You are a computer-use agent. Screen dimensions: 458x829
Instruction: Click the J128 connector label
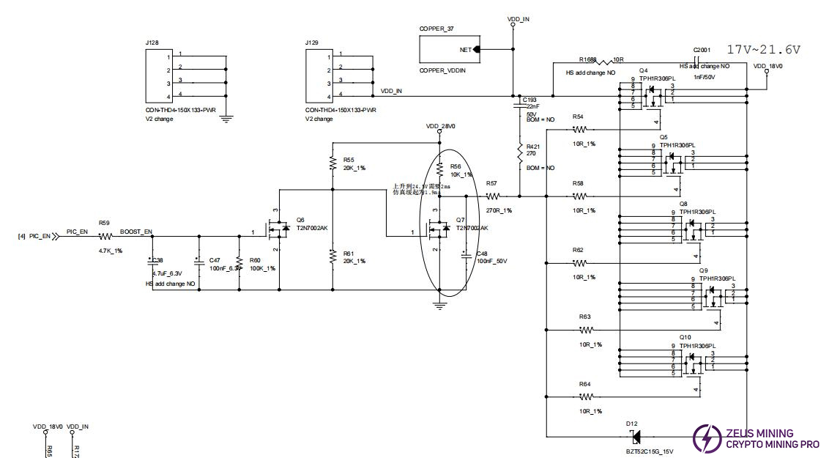pos(152,43)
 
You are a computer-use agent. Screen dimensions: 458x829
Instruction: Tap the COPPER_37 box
pos(447,50)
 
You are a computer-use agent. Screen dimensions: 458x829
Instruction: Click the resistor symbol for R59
pos(105,236)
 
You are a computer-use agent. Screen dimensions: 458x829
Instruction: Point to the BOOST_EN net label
pos(135,232)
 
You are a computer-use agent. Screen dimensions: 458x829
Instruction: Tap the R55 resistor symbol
pos(333,163)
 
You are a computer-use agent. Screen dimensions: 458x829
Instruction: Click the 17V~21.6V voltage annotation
pos(764,49)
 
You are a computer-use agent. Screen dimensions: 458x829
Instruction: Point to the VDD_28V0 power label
pos(440,126)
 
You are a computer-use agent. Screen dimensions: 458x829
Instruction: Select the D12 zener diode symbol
pos(635,437)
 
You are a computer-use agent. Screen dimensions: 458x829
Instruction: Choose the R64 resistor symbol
pos(584,396)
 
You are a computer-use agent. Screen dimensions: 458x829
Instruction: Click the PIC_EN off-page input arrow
pos(56,236)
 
